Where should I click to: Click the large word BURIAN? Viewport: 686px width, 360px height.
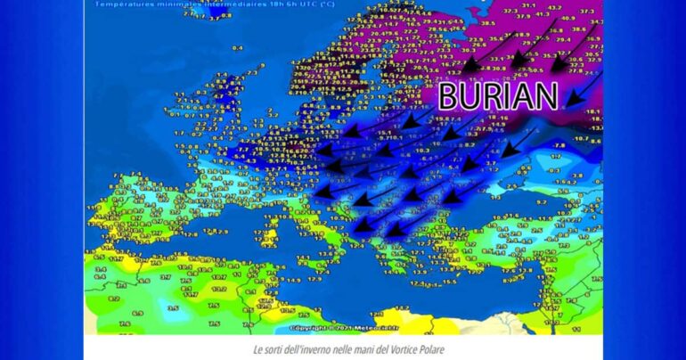[x=498, y=96]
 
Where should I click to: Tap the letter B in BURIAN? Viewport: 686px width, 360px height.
[x=449, y=96]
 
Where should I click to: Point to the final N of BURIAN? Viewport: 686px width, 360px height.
[x=546, y=96]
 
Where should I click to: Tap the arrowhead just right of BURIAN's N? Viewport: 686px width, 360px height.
[x=571, y=97]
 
